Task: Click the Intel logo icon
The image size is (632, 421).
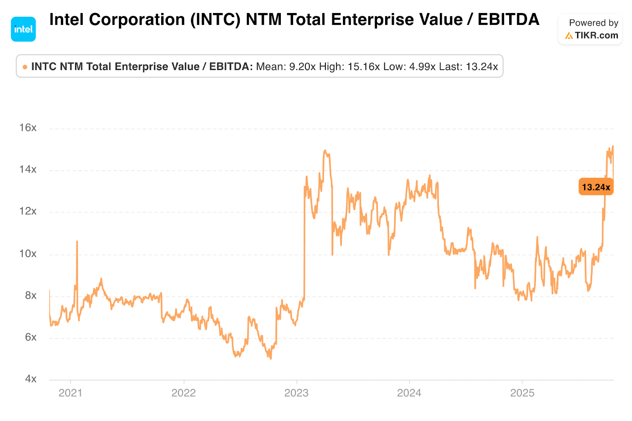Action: (x=23, y=29)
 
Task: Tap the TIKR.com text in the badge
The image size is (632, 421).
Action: (x=596, y=36)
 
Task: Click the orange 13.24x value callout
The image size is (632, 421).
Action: (x=596, y=187)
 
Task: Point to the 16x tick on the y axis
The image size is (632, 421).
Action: (x=28, y=128)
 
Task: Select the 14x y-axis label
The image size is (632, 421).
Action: (x=28, y=169)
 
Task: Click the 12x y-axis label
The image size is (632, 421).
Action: (x=28, y=211)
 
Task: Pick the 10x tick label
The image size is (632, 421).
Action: (x=28, y=254)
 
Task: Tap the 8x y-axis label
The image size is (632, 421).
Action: (x=31, y=295)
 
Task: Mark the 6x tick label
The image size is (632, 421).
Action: (x=31, y=337)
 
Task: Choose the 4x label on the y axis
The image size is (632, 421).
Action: (x=31, y=379)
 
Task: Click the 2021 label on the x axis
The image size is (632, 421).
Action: (x=70, y=393)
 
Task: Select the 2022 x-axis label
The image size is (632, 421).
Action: (x=183, y=393)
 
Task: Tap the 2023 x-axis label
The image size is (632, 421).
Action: (x=296, y=393)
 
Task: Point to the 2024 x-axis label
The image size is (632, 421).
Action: (x=409, y=393)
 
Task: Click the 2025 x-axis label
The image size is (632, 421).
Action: (x=522, y=393)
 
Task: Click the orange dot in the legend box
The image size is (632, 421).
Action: (x=25, y=67)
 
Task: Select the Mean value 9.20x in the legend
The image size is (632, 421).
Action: (x=302, y=66)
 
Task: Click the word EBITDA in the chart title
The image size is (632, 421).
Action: (x=508, y=20)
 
